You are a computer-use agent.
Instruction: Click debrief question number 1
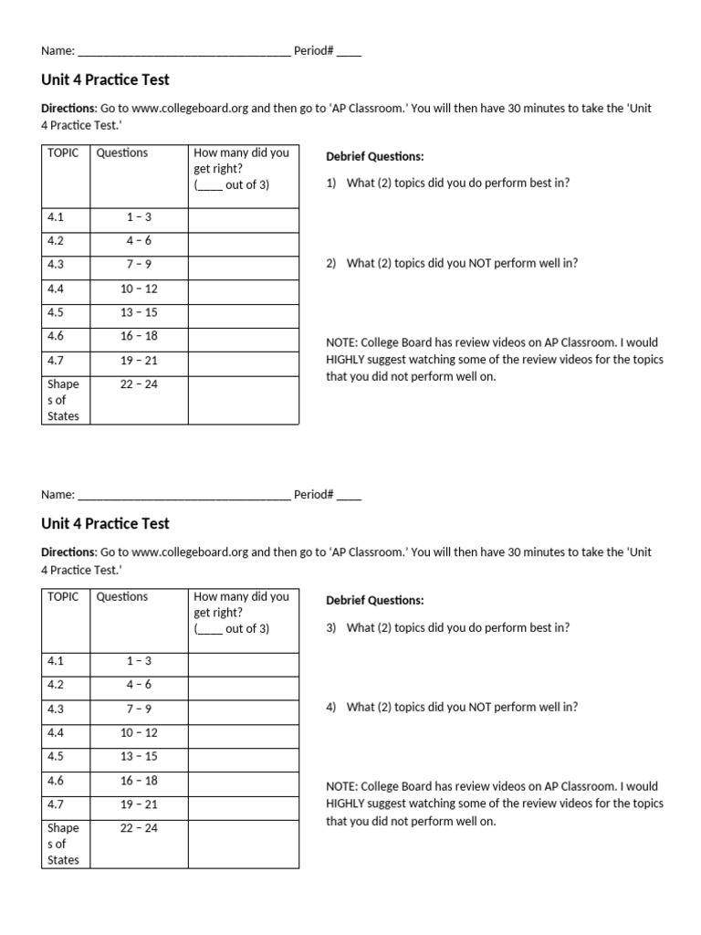click(447, 183)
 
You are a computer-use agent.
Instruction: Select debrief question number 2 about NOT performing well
click(452, 263)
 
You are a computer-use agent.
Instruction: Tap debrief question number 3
click(447, 627)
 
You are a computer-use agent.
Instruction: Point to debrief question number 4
click(452, 707)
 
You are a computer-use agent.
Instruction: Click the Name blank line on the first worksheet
click(183, 52)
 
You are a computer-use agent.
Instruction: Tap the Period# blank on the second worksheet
click(349, 496)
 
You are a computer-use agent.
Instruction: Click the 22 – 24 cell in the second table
click(139, 828)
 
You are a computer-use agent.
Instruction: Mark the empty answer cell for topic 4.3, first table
click(243, 265)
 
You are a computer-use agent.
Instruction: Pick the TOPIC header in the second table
click(63, 596)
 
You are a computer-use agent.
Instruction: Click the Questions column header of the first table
click(122, 152)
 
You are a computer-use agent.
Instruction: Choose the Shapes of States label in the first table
click(64, 400)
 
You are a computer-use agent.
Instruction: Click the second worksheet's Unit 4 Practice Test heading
click(105, 524)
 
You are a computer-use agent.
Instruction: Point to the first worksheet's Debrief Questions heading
click(374, 157)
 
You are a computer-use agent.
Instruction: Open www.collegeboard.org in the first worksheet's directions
click(189, 108)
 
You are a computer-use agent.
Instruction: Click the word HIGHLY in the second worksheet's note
click(349, 804)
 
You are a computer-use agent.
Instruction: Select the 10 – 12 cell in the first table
click(139, 289)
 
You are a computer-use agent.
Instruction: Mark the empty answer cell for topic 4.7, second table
click(243, 804)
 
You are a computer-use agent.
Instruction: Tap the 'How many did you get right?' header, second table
click(241, 612)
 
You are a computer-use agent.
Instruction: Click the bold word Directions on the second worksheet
click(68, 552)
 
